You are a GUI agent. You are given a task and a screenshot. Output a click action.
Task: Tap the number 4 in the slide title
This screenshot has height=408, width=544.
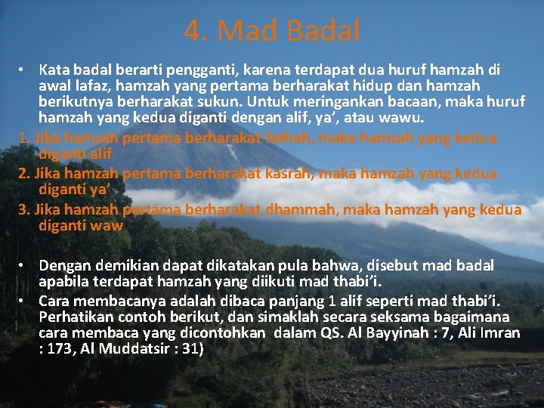point(192,31)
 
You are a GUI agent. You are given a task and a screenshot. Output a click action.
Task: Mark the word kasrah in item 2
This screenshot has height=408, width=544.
point(289,173)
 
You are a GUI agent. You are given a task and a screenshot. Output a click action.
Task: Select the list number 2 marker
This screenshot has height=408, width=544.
point(23,173)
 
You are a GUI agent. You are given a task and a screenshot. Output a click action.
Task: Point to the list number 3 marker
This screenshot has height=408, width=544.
point(23,209)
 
